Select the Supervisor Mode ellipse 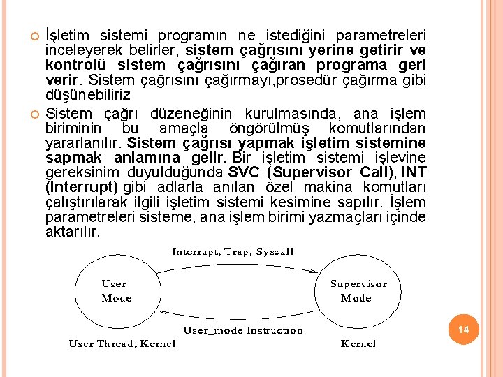pos(358,291)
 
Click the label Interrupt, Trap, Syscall pos(233,251)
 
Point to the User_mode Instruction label pos(242,330)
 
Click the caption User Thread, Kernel pos(122,343)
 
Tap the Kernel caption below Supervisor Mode pos(358,343)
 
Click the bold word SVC pos(243,172)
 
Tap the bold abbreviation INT pos(414,172)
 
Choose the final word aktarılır pos(73,231)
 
